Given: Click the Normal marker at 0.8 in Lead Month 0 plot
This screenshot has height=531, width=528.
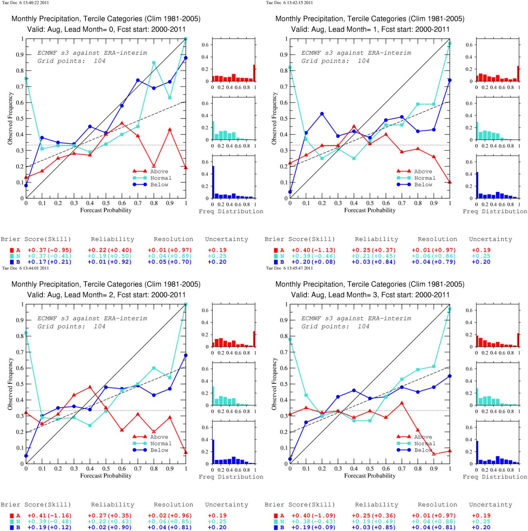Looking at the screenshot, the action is (154, 63).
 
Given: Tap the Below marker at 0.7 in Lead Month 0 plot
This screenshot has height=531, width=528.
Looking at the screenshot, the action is (138, 80).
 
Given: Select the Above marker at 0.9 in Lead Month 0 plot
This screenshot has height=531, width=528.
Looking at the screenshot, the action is (170, 129).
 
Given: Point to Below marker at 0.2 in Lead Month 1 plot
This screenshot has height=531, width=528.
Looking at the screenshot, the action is (322, 114).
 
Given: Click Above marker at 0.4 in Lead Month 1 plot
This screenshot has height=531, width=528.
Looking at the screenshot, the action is (354, 126).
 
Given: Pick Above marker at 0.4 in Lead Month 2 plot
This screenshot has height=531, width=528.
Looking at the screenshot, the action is (90, 387).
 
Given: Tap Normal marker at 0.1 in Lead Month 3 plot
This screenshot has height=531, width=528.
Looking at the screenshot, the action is (306, 395).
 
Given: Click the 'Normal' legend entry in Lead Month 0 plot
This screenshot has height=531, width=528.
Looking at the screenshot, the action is (161, 178).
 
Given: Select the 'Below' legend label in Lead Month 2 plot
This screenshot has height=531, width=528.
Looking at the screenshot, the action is (159, 450).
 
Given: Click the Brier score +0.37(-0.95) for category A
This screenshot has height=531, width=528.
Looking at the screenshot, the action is (50, 250).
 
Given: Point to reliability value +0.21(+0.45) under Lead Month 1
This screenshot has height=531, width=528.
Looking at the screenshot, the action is (373, 256).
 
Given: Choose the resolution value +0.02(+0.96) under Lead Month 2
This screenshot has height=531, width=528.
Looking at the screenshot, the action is (170, 515).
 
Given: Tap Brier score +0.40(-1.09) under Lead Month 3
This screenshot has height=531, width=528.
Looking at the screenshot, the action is (314, 515).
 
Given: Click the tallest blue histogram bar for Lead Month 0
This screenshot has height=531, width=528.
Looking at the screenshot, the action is (213, 182).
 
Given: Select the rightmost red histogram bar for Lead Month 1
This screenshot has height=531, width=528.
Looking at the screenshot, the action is (518, 73).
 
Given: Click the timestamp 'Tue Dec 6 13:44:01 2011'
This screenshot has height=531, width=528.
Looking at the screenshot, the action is (26, 268).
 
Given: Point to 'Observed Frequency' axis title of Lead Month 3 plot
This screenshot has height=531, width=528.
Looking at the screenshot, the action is (274, 384).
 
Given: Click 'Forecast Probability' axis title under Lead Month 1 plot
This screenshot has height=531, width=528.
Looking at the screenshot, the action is (369, 210).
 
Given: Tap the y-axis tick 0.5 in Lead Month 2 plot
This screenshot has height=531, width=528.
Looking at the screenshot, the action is (20, 384).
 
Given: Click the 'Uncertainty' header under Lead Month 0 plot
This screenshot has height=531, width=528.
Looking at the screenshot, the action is (226, 239).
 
